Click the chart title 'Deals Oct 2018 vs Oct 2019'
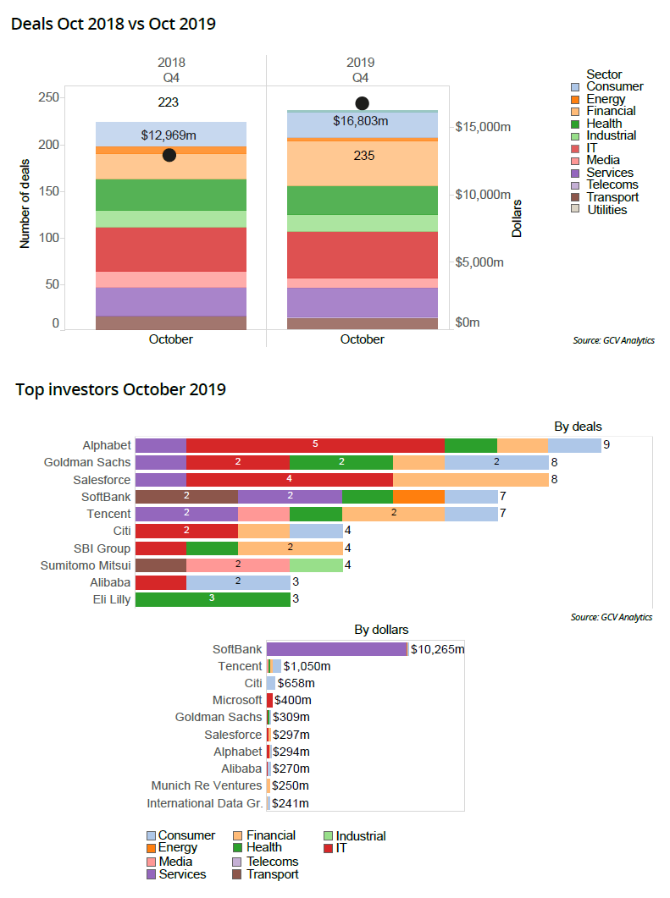click(x=113, y=24)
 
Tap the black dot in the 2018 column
click(x=169, y=155)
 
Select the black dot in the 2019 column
click(x=362, y=103)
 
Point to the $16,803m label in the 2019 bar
click(x=360, y=121)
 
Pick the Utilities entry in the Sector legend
click(x=606, y=209)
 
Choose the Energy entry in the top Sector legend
click(x=606, y=99)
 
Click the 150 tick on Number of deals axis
click(x=49, y=191)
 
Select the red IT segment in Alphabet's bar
click(x=315, y=444)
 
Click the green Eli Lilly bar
click(x=213, y=599)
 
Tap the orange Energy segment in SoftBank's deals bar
click(x=418, y=497)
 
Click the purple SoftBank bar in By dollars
click(x=336, y=649)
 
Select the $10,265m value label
click(x=437, y=649)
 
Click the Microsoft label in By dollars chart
click(x=237, y=700)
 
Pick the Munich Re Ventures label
click(x=207, y=785)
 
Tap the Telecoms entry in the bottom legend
click(x=272, y=862)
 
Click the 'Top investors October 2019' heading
click(x=120, y=389)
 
